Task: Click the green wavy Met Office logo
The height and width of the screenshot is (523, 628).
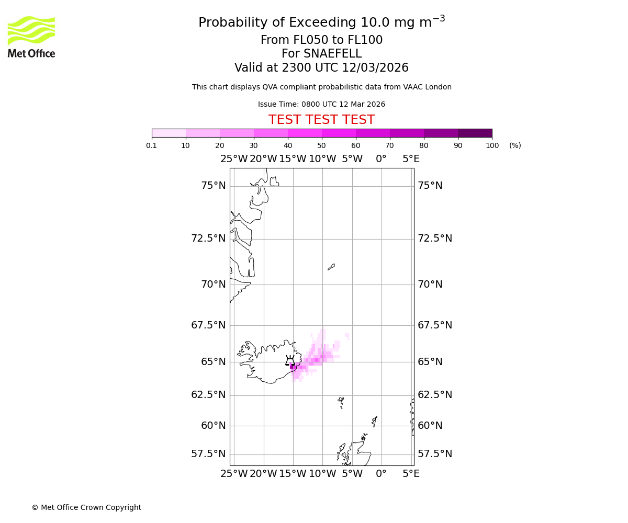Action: [31, 30]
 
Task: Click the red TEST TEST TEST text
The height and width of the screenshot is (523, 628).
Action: [321, 120]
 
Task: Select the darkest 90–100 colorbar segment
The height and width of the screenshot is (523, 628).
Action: [475, 133]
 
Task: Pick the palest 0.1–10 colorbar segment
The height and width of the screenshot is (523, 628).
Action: [169, 133]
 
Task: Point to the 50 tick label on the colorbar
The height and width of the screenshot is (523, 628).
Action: [321, 145]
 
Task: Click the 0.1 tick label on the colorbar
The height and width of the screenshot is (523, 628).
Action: [152, 145]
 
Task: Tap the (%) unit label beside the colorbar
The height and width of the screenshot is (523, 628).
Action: [515, 145]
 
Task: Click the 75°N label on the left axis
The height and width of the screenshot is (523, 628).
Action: [213, 186]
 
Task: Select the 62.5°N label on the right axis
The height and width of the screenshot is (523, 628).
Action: [434, 394]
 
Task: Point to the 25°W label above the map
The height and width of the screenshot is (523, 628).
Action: [234, 159]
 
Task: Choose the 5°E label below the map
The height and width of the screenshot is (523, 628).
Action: [411, 474]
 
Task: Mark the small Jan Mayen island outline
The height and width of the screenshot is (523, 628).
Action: [331, 267]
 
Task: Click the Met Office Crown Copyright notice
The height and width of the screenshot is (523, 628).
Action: [86, 507]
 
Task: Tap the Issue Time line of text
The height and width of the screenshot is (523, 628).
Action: [321, 104]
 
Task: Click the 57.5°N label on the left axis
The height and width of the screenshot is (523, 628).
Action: [208, 453]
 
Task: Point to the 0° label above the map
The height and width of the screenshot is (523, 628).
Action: [381, 159]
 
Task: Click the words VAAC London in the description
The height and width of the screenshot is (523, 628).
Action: [427, 87]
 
